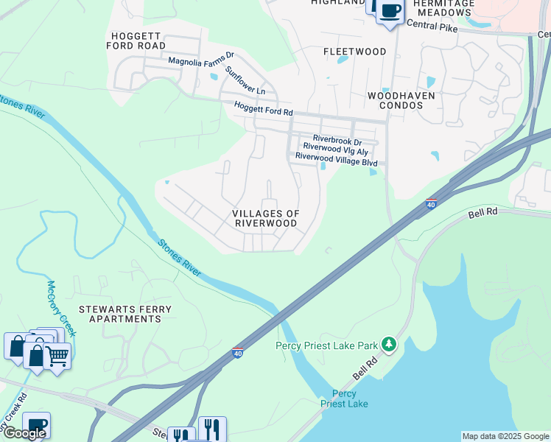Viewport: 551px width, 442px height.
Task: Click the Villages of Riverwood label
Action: [x=266, y=218]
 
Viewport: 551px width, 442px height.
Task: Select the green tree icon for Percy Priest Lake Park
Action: [x=389, y=344]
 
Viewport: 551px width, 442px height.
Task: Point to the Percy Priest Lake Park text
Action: [x=326, y=345]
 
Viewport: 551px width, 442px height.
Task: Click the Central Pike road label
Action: [x=432, y=27]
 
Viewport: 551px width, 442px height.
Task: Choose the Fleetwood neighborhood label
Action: [x=355, y=52]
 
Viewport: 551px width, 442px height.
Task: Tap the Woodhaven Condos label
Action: [x=401, y=100]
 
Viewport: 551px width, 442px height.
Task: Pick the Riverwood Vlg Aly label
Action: [x=335, y=147]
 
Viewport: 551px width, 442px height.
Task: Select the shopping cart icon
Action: [x=57, y=357]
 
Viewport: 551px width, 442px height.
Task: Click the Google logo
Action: [x=24, y=433]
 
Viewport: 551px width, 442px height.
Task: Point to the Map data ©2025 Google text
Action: [x=505, y=436]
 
